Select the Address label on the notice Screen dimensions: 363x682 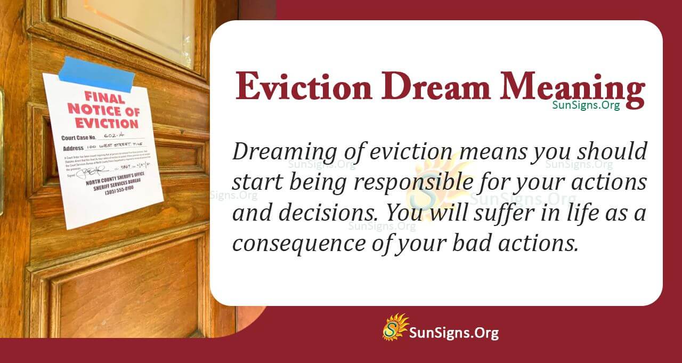coord(73,148)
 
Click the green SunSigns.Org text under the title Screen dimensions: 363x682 coord(586,105)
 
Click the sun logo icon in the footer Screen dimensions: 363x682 coord(395,327)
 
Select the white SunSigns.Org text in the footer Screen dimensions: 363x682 coord(453,333)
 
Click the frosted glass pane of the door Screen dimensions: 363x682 coord(133,27)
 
